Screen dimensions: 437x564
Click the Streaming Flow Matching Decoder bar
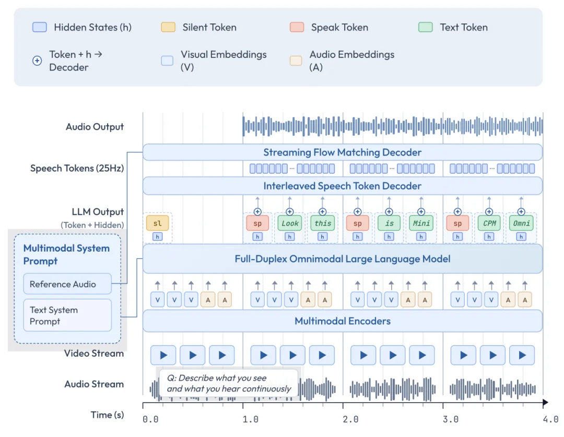(342, 152)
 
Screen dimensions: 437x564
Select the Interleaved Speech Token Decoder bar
(342, 186)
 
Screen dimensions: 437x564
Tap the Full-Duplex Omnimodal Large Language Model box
(342, 258)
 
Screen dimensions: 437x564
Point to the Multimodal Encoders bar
(342, 321)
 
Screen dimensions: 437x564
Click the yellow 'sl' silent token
(158, 223)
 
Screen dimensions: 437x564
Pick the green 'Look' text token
(290, 223)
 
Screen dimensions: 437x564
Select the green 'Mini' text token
(421, 223)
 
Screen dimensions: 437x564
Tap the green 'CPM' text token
(489, 223)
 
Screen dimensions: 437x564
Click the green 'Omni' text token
(521, 223)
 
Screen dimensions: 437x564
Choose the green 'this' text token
(322, 223)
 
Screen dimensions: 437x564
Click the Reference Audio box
(67, 284)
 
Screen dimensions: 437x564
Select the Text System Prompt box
(67, 315)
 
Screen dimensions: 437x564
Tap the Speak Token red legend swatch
(297, 27)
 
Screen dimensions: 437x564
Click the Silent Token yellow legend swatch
(168, 27)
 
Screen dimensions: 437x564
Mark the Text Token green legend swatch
(426, 27)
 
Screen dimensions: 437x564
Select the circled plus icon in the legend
(37, 61)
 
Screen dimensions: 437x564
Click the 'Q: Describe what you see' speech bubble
(229, 383)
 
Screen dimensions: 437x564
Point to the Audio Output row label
(95, 127)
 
